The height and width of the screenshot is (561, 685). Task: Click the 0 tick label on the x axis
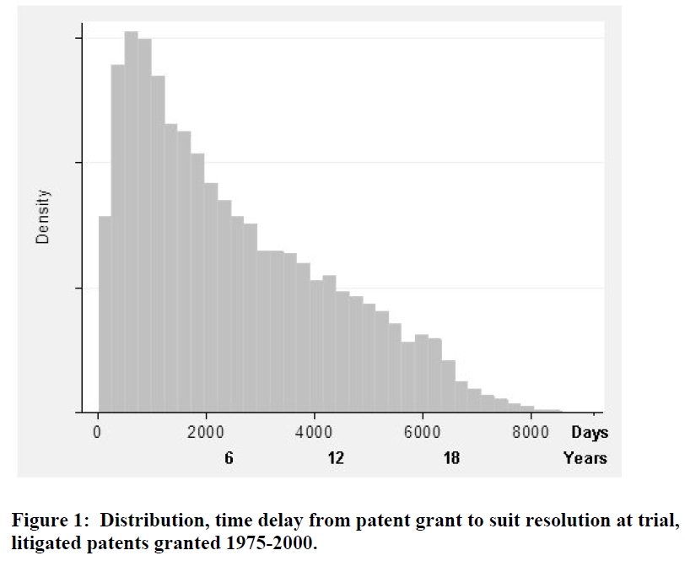98,432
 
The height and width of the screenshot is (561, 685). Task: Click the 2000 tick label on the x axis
205,432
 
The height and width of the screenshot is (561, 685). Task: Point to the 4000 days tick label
314,432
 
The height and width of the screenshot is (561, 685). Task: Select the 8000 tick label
531,432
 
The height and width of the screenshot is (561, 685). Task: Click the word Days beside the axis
589,433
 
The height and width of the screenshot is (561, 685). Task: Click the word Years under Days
585,459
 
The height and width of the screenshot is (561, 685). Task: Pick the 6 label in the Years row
229,459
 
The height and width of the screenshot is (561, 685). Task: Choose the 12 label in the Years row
337,459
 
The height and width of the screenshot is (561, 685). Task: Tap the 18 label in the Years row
451,459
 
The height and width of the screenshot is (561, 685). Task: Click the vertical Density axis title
43,217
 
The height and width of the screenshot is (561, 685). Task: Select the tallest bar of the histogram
131,219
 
